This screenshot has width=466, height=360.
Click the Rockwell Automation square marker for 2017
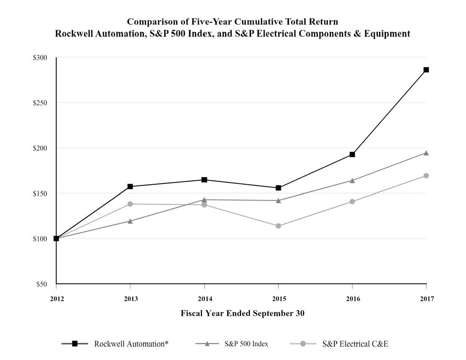(x=426, y=69)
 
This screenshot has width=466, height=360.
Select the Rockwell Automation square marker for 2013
(x=130, y=186)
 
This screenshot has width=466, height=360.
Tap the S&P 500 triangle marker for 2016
(x=352, y=180)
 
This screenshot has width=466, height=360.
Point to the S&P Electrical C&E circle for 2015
(x=278, y=226)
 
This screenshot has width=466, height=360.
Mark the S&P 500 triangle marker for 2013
(x=130, y=221)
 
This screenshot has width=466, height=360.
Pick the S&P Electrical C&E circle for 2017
(x=426, y=176)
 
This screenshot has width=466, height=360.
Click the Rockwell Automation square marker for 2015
(x=278, y=188)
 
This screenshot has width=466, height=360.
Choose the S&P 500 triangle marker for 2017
(x=426, y=153)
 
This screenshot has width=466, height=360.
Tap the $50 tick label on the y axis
(x=41, y=284)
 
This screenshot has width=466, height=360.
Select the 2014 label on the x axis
(x=205, y=299)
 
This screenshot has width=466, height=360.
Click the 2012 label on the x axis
(x=56, y=299)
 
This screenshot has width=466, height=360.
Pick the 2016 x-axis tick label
(x=352, y=299)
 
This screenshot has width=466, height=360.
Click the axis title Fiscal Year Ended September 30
(x=243, y=313)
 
